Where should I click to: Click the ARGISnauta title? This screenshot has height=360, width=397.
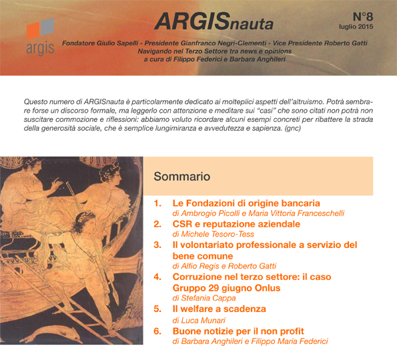pyautogui.click(x=214, y=21)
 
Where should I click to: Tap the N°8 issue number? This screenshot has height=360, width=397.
pyautogui.click(x=363, y=17)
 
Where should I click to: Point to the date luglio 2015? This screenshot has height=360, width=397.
pyautogui.click(x=356, y=27)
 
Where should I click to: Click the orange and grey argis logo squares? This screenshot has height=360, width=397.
pyautogui.click(x=40, y=29)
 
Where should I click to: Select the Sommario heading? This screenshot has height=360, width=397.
pyautogui.click(x=181, y=176)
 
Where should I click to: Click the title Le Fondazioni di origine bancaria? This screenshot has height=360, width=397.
pyautogui.click(x=246, y=203)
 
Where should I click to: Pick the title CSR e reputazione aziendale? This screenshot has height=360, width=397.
pyautogui.click(x=236, y=224)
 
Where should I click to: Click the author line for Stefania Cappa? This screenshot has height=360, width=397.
pyautogui.click(x=204, y=298)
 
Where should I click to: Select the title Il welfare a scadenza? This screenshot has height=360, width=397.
pyautogui.click(x=219, y=309)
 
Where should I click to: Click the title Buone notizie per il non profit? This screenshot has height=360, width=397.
pyautogui.click(x=238, y=331)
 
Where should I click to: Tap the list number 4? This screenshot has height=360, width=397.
pyautogui.click(x=157, y=277)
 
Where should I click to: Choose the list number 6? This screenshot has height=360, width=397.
pyautogui.click(x=157, y=331)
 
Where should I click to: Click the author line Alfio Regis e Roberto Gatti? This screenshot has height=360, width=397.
pyautogui.click(x=224, y=266)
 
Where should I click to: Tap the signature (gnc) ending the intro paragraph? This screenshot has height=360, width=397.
pyautogui.click(x=293, y=128)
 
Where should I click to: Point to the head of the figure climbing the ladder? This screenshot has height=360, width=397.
pyautogui.click(x=84, y=220)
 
